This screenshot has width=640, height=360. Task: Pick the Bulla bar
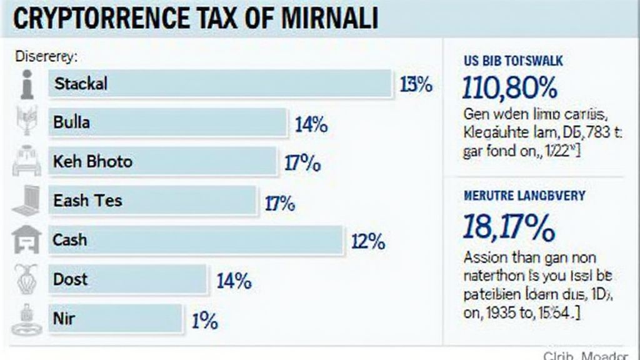tap(168, 123)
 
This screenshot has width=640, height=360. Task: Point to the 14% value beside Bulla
tap(311, 125)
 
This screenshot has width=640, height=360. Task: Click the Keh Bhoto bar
tap(162, 162)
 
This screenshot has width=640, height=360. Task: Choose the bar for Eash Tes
tap(152, 201)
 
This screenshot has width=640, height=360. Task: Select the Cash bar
tap(196, 240)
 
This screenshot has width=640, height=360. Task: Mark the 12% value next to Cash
tap(368, 242)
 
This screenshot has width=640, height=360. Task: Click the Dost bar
tap(127, 279)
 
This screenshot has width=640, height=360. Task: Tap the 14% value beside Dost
tap(234, 281)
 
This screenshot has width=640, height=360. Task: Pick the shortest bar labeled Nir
tap(116, 319)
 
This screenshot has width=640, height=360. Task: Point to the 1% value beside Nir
tap(204, 321)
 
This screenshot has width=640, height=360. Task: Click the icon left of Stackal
tap(26, 84)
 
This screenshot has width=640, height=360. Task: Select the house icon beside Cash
tap(26, 240)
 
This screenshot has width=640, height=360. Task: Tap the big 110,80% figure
tap(509, 89)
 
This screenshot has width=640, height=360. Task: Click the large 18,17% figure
tap(508, 227)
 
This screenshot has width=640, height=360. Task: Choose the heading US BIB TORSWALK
tap(512, 61)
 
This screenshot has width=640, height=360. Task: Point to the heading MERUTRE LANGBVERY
tap(524, 196)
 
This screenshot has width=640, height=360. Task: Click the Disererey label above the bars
tap(44, 56)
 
